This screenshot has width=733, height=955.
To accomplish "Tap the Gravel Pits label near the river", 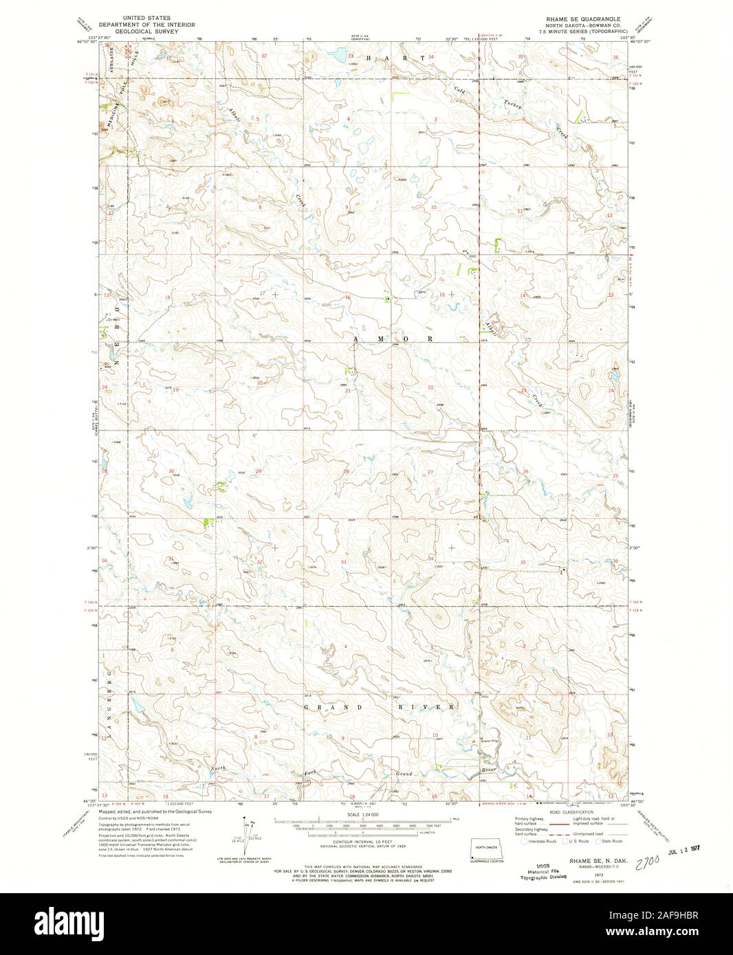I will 491,741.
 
